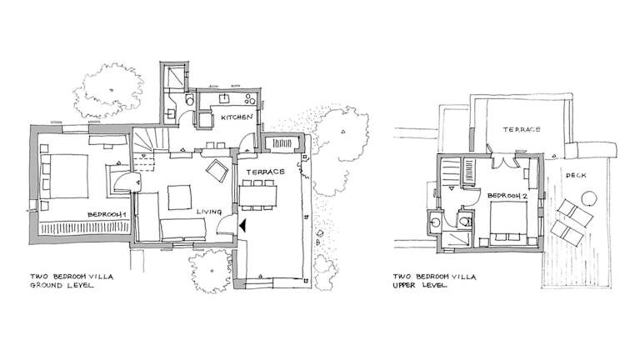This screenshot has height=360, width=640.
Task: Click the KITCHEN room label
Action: [237, 117]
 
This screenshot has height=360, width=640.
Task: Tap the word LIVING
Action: [209, 212]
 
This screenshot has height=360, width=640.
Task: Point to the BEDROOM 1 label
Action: [105, 215]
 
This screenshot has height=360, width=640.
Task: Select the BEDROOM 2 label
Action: [507, 196]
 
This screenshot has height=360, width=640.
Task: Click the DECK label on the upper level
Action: [576, 176]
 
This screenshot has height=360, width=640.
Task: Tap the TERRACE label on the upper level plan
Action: [522, 129]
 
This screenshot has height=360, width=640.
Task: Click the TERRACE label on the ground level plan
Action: [265, 172]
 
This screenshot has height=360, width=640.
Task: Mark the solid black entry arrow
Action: [242, 226]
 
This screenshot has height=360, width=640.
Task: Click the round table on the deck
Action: [589, 198]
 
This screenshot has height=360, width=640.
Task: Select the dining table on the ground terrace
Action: [257, 196]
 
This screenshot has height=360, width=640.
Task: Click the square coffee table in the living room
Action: [179, 197]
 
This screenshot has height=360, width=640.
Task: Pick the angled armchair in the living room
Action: [217, 171]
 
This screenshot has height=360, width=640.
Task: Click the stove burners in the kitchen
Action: [250, 99]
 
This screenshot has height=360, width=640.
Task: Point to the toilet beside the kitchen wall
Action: [190, 100]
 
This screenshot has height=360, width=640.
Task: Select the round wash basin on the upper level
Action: [436, 222]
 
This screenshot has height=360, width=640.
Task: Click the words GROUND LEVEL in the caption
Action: [62, 285]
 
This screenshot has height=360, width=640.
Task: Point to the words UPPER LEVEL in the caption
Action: [420, 285]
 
